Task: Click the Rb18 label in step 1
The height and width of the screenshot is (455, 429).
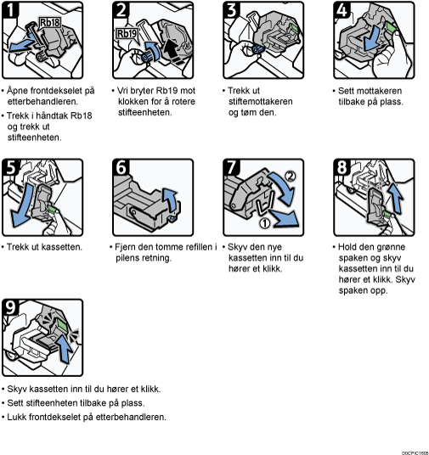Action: click(x=49, y=22)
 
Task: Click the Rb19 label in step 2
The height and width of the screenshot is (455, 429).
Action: click(x=127, y=33)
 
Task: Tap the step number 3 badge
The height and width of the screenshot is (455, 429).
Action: click(x=232, y=9)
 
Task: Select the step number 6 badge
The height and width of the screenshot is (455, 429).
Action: click(x=121, y=167)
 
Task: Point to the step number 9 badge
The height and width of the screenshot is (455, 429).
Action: click(x=10, y=307)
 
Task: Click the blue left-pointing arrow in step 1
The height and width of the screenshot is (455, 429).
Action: click(x=22, y=45)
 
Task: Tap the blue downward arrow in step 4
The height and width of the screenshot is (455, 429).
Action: click(x=371, y=38)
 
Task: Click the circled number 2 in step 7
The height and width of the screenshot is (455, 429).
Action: click(x=290, y=176)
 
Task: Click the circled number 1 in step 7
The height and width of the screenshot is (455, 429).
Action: click(x=264, y=222)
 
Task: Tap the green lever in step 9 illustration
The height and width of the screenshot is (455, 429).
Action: click(x=61, y=324)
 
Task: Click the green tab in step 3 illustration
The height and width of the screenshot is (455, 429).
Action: click(x=294, y=28)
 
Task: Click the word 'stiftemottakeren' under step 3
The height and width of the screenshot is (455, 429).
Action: click(x=260, y=101)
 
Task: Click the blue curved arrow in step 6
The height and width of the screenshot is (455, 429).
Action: click(x=171, y=199)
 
